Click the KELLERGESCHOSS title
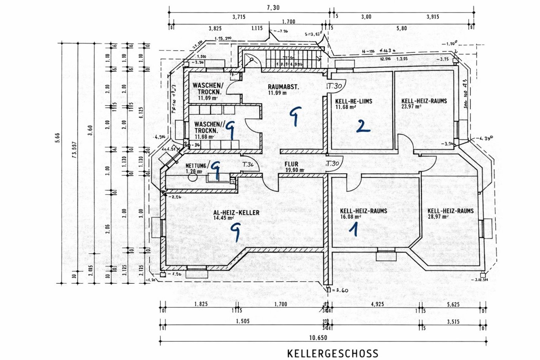pyautogui.click(x=333, y=353)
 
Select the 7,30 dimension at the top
pyautogui.click(x=273, y=7)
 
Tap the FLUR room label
pyautogui.click(x=292, y=164)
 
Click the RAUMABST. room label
pyautogui.click(x=283, y=87)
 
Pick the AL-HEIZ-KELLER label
pyautogui.click(x=236, y=212)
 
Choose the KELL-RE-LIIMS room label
pyautogui.click(x=354, y=101)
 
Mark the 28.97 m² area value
pyautogui.click(x=437, y=217)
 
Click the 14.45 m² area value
pyautogui.click(x=224, y=218)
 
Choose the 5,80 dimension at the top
pyautogui.click(x=402, y=28)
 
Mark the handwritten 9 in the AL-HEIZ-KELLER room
pyautogui.click(x=237, y=232)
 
